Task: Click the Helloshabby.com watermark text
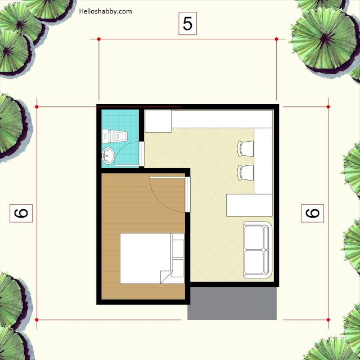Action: tap(105, 11)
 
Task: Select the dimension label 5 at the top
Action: tap(187, 24)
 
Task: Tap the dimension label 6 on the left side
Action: tap(21, 213)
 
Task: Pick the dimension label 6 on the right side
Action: tap(312, 213)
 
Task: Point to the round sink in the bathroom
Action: tap(108, 155)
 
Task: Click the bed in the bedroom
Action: tap(152, 258)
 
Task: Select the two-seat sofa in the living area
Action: tap(258, 250)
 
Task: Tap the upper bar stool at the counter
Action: tap(245, 148)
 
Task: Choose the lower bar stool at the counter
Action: tap(245, 173)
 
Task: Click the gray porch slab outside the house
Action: tap(232, 303)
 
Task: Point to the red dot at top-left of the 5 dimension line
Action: tap(99, 39)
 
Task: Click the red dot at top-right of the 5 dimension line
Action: tap(276, 39)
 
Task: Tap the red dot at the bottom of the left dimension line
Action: tap(37, 320)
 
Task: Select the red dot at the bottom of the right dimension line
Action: tap(328, 320)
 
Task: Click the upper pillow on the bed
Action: tap(178, 249)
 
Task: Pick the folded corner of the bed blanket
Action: tap(166, 277)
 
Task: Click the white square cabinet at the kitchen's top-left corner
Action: tap(158, 121)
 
